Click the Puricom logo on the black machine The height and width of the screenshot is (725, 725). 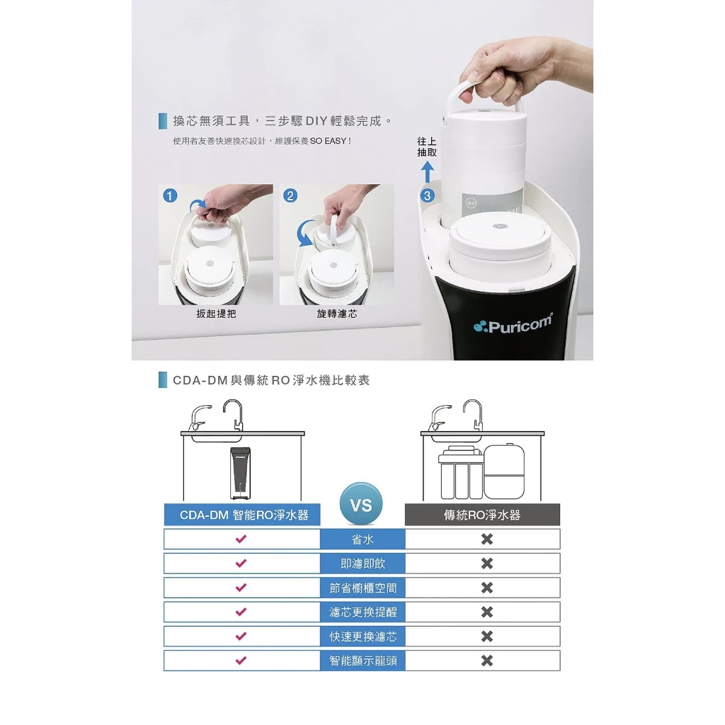[x=513, y=324]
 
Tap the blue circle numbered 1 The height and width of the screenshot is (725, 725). [x=170, y=195]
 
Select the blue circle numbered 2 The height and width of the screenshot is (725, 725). [x=290, y=195]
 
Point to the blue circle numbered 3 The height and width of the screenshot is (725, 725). [x=427, y=195]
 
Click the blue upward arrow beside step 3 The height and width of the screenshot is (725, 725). [x=428, y=172]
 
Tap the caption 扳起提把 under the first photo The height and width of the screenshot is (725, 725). [x=216, y=314]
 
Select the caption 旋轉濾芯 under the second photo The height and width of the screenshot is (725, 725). [x=336, y=314]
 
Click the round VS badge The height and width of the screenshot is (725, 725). [x=361, y=504]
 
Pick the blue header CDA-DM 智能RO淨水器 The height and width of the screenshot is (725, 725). [x=242, y=515]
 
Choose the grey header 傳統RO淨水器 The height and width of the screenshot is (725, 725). [x=482, y=515]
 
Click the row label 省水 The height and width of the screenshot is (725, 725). [x=362, y=539]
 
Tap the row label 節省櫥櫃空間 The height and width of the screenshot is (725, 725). [x=362, y=588]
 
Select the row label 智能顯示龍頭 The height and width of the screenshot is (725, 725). [x=362, y=661]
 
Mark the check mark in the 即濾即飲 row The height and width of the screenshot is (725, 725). [x=241, y=563]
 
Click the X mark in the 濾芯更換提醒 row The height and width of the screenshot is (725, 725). [x=487, y=612]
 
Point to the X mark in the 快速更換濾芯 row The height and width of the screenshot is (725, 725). [x=487, y=636]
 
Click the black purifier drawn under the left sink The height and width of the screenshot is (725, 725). [x=241, y=473]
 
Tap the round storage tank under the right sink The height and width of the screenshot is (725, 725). [x=504, y=471]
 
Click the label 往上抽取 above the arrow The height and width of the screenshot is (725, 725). [x=427, y=147]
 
